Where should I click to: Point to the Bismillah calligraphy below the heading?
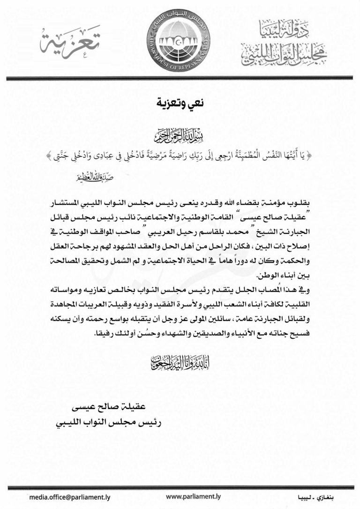point(180,138)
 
